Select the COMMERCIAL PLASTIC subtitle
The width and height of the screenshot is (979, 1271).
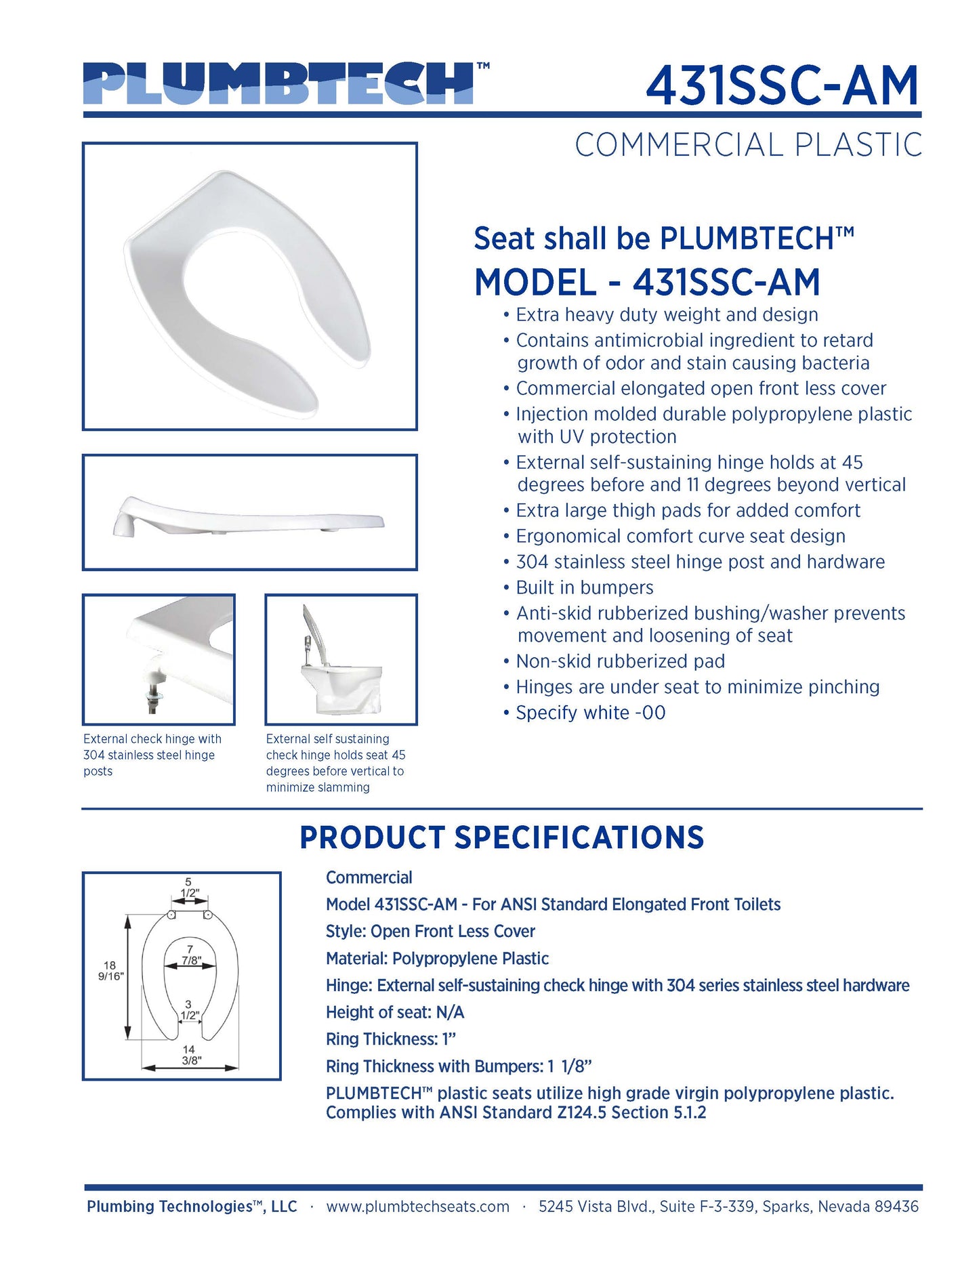pos(748,145)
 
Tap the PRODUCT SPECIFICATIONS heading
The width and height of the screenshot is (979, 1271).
pos(501,837)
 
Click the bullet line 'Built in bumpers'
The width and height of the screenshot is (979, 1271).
pos(584,587)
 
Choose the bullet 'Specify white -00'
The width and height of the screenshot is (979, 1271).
pos(590,713)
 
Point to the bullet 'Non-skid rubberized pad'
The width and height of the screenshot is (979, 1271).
pos(620,661)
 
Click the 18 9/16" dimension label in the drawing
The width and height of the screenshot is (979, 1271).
pos(110,970)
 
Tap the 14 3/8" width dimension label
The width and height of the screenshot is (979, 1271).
pos(190,1054)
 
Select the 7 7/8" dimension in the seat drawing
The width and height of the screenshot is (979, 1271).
pos(190,955)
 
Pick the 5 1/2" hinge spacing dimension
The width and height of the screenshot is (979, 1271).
pos(189,887)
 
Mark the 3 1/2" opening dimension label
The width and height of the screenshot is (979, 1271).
pos(189,1009)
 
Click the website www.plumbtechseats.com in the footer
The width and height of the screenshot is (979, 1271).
pos(417,1206)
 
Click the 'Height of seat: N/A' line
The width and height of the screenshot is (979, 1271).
pos(395,1012)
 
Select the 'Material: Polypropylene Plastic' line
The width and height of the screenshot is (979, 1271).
pos(437,958)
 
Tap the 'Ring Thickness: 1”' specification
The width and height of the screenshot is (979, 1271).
pos(391,1039)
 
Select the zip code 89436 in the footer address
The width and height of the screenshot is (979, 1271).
pos(896,1206)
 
